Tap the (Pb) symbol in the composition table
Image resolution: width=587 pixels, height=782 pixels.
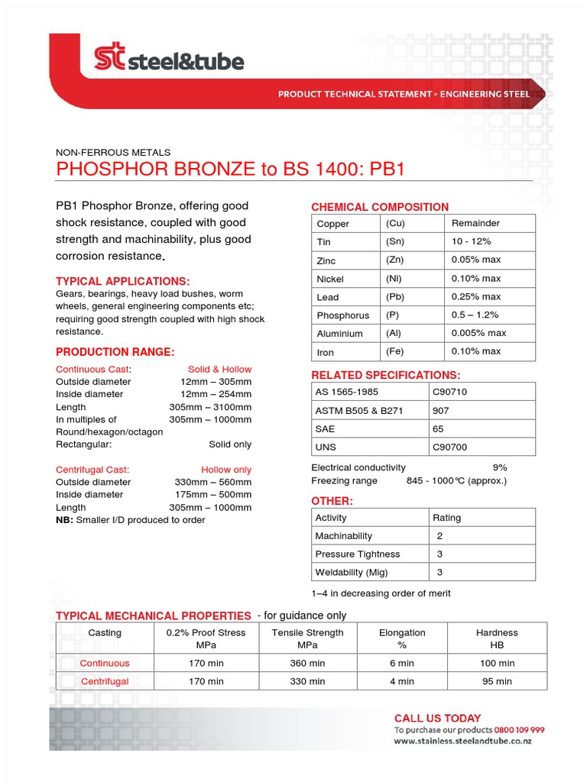[x=394, y=296]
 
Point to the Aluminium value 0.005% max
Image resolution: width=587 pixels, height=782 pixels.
[x=478, y=333]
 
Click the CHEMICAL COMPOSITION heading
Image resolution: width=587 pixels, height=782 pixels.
[x=380, y=207]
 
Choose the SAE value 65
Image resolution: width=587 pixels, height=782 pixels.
[x=438, y=429]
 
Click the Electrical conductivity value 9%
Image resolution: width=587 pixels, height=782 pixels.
[x=500, y=467]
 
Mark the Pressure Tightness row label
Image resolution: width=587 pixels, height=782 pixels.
[x=358, y=554]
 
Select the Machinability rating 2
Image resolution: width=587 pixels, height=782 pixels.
[x=440, y=536]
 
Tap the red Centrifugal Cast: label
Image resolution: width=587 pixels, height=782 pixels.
[x=92, y=470]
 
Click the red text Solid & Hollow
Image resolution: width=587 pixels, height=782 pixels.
[x=219, y=369]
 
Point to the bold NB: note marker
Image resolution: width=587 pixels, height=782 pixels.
[x=64, y=519]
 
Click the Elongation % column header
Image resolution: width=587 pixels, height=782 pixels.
[x=402, y=638]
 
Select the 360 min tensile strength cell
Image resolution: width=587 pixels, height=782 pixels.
[x=307, y=664]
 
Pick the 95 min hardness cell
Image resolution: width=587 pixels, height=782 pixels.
[x=497, y=681]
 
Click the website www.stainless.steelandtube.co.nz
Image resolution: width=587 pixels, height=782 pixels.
[x=463, y=741]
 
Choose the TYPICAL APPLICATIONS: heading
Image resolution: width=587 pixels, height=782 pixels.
[x=123, y=281]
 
